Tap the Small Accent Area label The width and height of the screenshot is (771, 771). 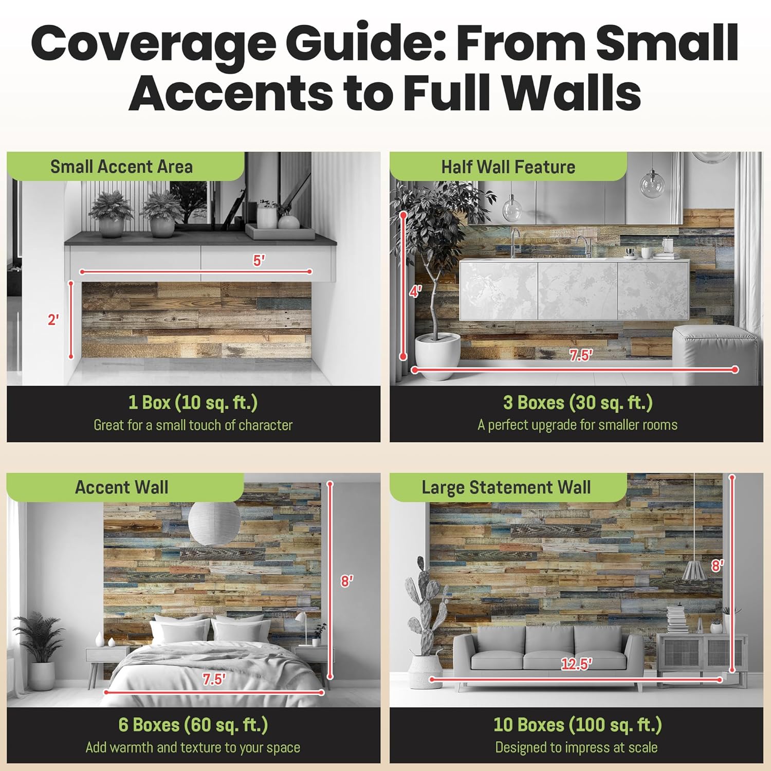coord(121,167)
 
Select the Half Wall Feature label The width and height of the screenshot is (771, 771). coord(508,167)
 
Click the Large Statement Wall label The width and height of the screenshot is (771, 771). coord(506,487)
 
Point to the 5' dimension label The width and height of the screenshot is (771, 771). coord(259,261)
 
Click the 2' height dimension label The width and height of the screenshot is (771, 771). coord(53,320)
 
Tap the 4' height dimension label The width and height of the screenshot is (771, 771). coord(415,291)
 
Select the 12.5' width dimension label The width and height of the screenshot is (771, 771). coord(576,664)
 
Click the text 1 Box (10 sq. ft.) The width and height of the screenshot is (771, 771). coord(193,402)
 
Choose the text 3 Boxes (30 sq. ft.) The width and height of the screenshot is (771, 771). coord(578,402)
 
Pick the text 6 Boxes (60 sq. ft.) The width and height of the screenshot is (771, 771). coord(193,725)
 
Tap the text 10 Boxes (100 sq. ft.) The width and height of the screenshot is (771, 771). coord(577,725)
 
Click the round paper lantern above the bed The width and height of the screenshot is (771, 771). coord(214,523)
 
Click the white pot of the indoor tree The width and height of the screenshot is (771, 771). coord(437,355)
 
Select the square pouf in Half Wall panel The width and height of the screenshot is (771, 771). coord(714,352)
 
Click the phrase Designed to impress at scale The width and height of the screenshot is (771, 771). coord(576,747)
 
